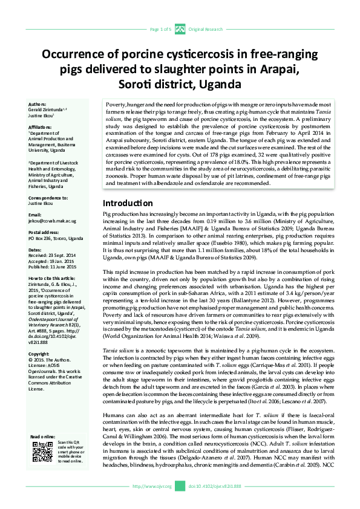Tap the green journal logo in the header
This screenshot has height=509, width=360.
coord(180,29)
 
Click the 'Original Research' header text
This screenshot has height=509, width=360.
coord(206,29)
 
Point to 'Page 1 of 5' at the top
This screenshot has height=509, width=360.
coord(160,29)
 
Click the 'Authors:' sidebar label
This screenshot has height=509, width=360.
coord(38,104)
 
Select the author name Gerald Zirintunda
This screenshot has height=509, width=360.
coord(49,109)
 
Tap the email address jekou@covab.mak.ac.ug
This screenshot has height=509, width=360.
coord(53,220)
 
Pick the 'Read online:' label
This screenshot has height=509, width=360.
coord(42,453)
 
